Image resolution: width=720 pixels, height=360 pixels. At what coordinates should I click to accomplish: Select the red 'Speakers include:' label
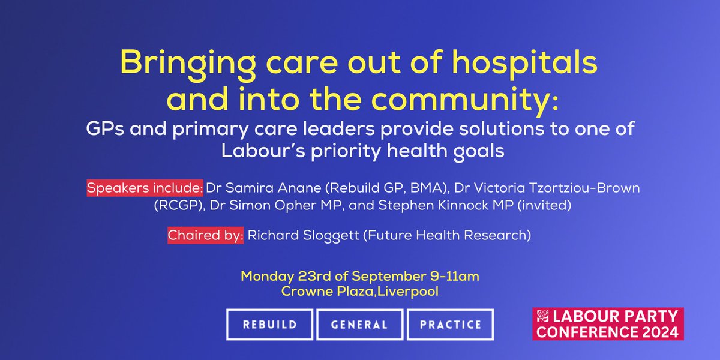point(146,188)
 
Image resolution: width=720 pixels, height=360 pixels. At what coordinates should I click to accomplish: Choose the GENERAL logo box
point(359,325)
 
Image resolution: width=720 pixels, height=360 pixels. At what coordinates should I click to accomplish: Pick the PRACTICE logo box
point(449,325)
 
